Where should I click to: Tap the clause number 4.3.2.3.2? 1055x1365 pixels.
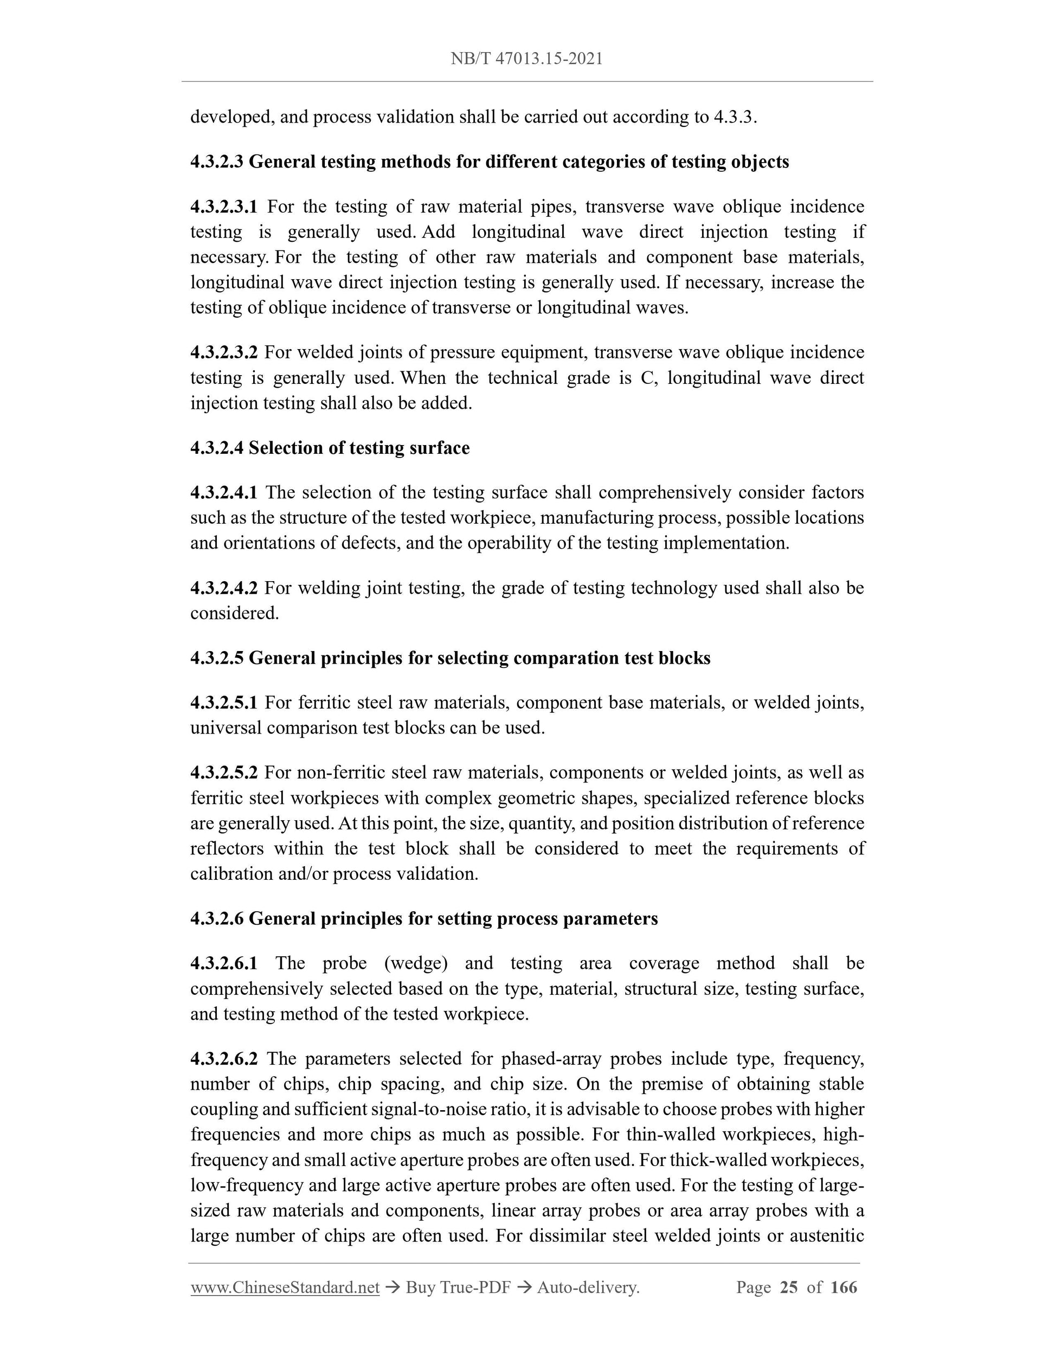224,352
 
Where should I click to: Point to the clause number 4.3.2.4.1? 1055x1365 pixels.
224,493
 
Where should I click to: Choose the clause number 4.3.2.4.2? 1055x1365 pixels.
224,588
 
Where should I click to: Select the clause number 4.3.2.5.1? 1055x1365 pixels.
224,703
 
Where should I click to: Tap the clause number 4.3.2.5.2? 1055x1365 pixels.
224,772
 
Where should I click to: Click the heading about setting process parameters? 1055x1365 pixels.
424,918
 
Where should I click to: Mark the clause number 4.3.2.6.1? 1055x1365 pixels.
224,963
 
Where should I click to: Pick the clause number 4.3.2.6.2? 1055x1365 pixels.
224,1059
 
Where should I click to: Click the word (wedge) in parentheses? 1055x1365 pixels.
416,963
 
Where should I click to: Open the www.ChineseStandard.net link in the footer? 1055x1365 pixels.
285,1287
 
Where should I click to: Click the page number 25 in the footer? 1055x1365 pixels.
789,1287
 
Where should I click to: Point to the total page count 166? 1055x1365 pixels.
844,1287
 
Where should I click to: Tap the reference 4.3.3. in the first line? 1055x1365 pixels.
735,117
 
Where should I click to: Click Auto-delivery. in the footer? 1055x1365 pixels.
588,1287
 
